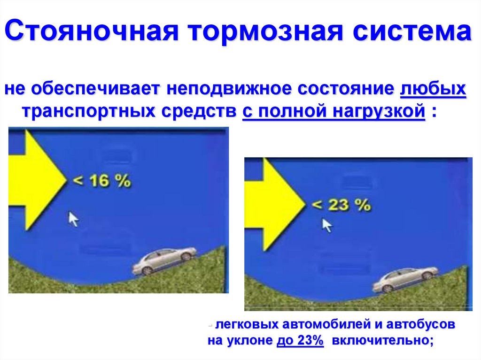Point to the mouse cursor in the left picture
(73, 219)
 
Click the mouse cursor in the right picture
(327, 225)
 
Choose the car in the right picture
(405, 279)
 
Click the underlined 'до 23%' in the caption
(300, 341)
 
